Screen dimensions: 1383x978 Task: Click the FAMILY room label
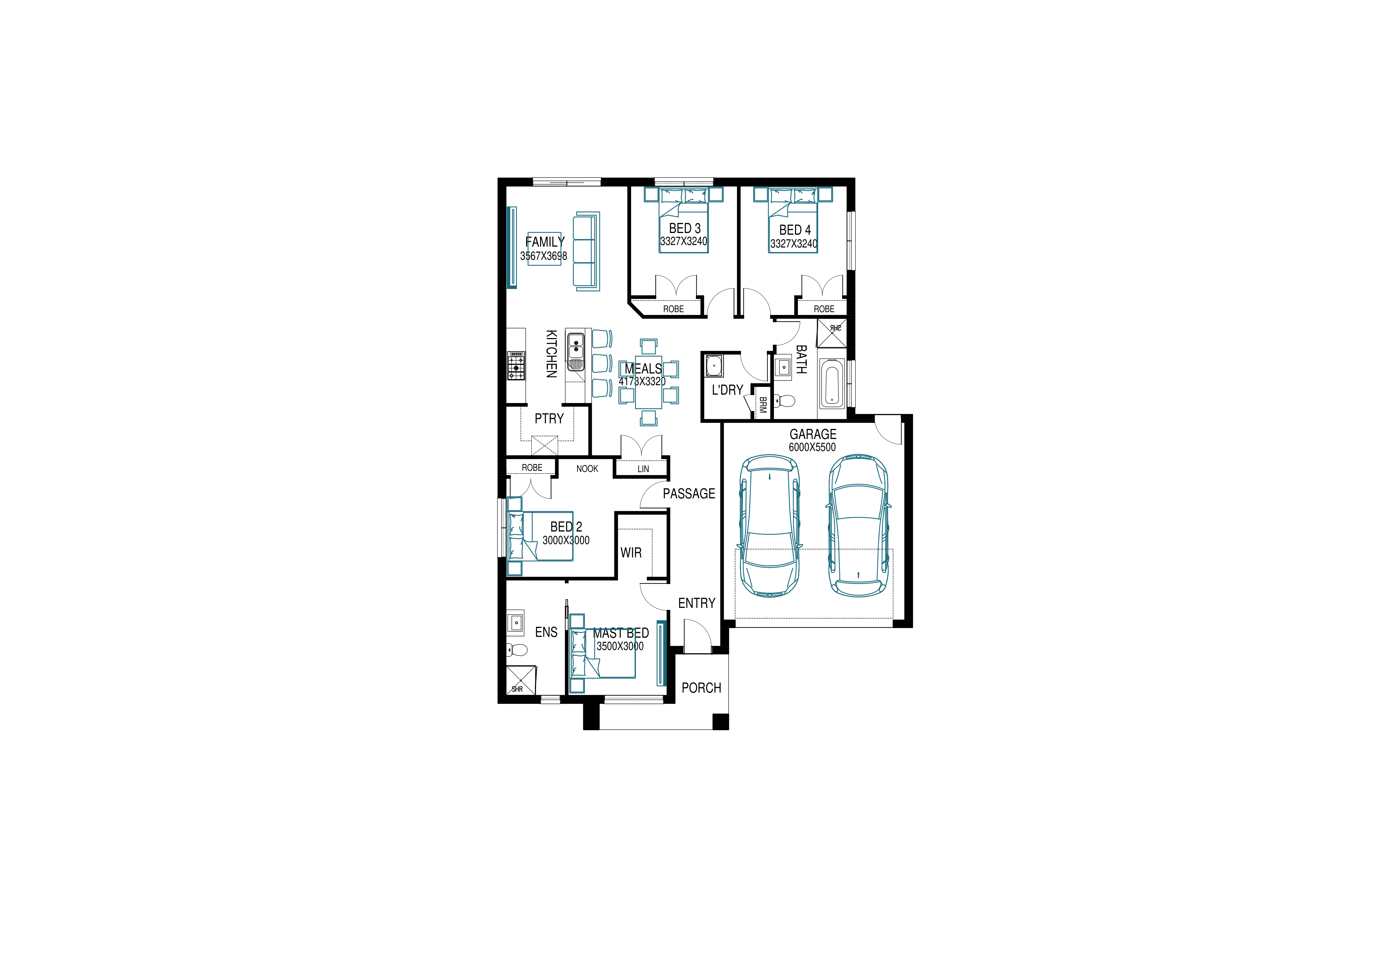(x=545, y=242)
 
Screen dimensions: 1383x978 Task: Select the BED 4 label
(x=795, y=230)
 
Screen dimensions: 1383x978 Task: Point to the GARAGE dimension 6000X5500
(x=813, y=447)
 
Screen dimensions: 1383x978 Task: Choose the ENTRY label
(x=697, y=603)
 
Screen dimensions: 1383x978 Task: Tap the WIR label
(x=631, y=553)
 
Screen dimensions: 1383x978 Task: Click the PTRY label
(x=549, y=418)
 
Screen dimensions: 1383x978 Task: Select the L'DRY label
(x=728, y=390)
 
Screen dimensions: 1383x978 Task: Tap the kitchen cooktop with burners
(x=516, y=366)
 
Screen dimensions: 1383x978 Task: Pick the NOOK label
(x=587, y=469)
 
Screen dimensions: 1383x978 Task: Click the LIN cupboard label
(x=643, y=469)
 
